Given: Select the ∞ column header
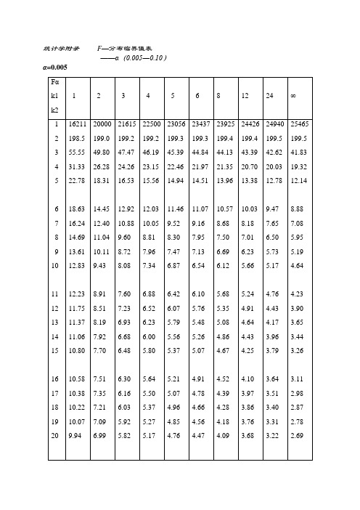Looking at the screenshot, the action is point(292,96).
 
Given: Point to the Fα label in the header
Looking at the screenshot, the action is point(52,83).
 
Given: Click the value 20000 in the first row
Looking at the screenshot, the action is point(102,126).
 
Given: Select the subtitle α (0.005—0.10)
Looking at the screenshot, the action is point(135,57).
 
